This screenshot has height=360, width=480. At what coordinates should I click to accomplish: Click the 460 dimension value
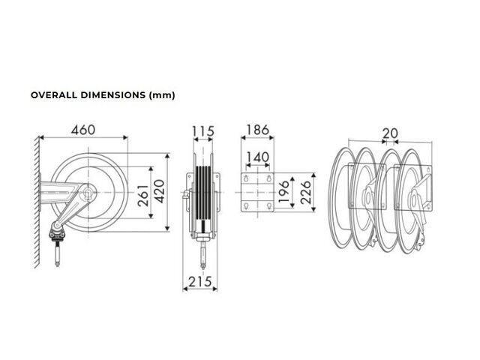(83, 130)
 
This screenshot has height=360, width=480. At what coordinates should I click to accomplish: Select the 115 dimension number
(203, 132)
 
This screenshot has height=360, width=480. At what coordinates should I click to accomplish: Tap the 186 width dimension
(257, 130)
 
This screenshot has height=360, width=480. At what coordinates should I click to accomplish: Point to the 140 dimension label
(257, 157)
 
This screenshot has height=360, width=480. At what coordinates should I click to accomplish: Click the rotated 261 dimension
(143, 195)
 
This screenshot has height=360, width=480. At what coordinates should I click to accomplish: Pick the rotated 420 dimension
(159, 191)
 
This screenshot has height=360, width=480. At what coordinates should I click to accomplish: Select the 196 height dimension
(283, 192)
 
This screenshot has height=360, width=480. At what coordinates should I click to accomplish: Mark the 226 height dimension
(305, 192)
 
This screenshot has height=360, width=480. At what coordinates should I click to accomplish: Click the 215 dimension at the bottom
(200, 282)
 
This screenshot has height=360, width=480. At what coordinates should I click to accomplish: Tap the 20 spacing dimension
(390, 133)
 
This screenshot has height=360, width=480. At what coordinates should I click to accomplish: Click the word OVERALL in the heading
(54, 95)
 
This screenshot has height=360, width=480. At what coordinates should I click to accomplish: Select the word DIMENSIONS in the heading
(113, 95)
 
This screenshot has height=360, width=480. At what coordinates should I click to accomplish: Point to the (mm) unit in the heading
(162, 95)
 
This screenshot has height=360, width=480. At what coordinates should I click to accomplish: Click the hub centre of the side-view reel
(88, 192)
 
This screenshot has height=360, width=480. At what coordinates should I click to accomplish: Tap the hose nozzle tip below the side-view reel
(57, 264)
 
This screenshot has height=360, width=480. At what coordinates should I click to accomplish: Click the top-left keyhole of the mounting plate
(246, 178)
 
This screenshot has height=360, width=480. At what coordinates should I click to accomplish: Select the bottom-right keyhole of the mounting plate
(269, 205)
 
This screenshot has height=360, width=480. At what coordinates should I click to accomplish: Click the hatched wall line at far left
(37, 202)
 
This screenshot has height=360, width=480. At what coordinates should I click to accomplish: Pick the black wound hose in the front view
(203, 193)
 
